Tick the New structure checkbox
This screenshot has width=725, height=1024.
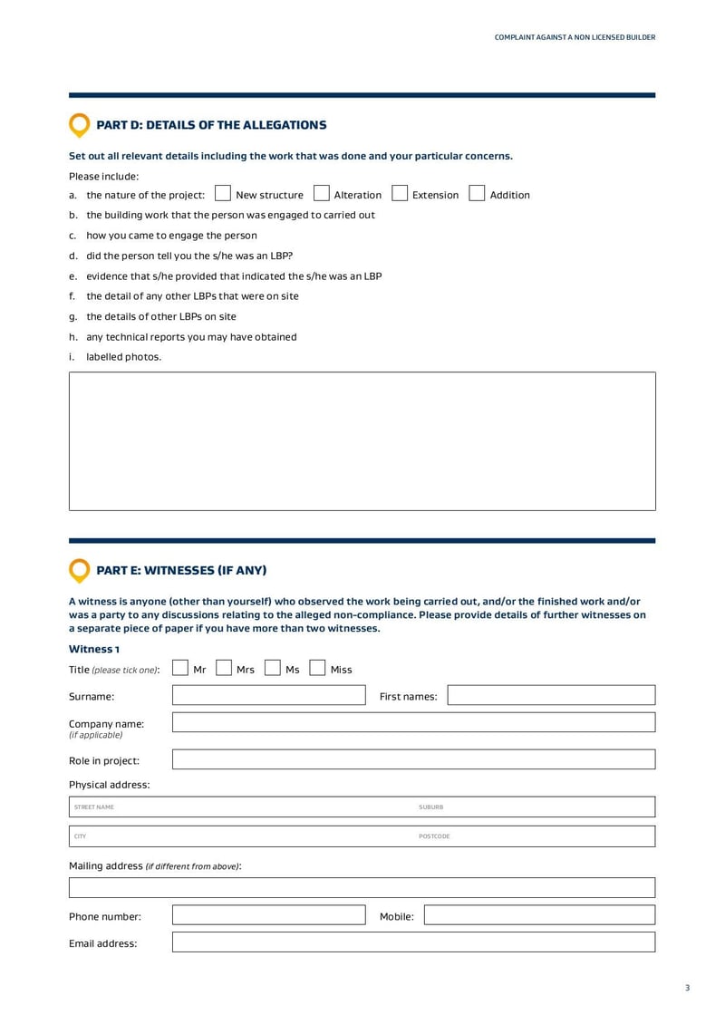coord(223,194)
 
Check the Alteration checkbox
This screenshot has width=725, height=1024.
coord(321,194)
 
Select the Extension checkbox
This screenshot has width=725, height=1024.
coord(400,194)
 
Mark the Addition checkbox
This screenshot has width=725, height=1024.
coord(477,194)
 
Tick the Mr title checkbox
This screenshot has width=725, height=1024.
coord(180,669)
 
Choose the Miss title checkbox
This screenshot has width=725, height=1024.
coord(317,669)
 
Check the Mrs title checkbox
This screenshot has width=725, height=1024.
coord(224,669)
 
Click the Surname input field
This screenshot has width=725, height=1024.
coord(268,696)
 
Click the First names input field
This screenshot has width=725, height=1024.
coord(551,696)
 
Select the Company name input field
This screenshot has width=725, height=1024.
coord(413,723)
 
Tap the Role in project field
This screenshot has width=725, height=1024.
coord(413,759)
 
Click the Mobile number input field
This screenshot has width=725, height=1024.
coord(539,915)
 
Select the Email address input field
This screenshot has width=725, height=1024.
coord(413,942)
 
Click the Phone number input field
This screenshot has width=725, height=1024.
coord(268,915)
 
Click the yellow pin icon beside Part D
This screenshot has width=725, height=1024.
coord(80,125)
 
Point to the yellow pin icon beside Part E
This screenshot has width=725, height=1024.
coord(80,570)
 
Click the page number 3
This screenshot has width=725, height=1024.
coord(687,988)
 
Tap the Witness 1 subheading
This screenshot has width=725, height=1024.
coord(94,649)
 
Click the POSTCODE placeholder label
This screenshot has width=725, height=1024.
coord(434,836)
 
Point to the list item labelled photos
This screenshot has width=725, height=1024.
coord(123,357)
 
